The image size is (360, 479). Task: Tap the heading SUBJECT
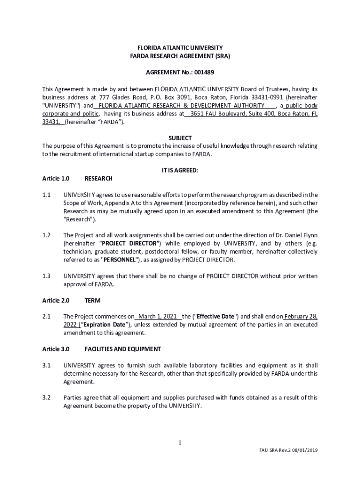coord(180,138)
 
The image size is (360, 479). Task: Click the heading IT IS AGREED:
coord(180,171)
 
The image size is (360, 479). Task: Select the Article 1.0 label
coord(56,178)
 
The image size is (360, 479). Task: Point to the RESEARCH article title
coord(98,178)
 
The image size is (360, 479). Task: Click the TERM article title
coord(93,300)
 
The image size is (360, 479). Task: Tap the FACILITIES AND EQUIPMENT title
coord(122,349)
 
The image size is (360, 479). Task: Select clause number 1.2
coord(46,235)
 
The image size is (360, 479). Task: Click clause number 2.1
coord(46,317)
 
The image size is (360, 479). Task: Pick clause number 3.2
coord(46,398)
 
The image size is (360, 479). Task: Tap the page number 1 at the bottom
coord(180,443)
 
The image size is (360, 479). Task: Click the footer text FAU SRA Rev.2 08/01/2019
coord(288,450)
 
